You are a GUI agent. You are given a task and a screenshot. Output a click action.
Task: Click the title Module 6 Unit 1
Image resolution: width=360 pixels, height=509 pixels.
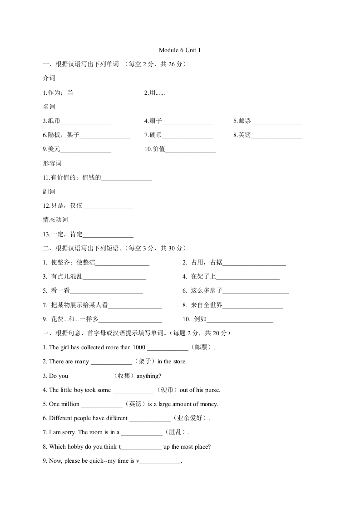click(x=180, y=50)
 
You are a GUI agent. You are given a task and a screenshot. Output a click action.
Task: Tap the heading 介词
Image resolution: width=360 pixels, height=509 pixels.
click(x=49, y=78)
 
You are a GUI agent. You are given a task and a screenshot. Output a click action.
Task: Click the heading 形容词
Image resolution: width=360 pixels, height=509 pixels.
click(x=52, y=163)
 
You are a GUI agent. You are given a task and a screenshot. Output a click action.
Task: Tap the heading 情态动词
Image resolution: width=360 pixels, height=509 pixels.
click(x=55, y=220)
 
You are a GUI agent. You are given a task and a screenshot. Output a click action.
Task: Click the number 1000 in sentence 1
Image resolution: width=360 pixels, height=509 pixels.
click(x=139, y=347)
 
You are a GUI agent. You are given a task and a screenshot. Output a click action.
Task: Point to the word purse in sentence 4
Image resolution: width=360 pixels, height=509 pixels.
click(x=211, y=390)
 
